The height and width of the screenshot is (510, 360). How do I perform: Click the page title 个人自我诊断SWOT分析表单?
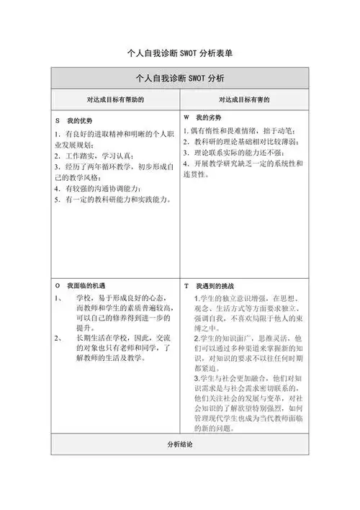click(x=179, y=53)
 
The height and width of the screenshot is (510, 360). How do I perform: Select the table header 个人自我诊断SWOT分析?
click(x=179, y=78)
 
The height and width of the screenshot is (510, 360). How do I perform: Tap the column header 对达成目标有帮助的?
click(x=115, y=99)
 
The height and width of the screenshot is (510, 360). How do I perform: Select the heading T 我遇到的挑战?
click(x=211, y=285)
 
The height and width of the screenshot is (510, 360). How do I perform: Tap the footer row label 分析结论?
click(x=179, y=445)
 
